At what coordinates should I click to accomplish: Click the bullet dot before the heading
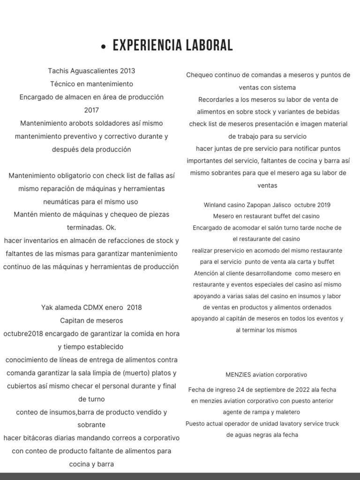(x=104, y=47)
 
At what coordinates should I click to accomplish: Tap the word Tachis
(x=58, y=71)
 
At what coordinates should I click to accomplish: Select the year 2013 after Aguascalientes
(x=127, y=71)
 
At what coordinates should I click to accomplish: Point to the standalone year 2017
(x=91, y=110)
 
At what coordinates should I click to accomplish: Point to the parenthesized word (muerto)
(x=139, y=373)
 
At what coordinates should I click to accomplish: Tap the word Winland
(x=216, y=205)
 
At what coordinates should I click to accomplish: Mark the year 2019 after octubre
(x=323, y=205)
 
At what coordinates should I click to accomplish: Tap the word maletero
(x=286, y=412)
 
